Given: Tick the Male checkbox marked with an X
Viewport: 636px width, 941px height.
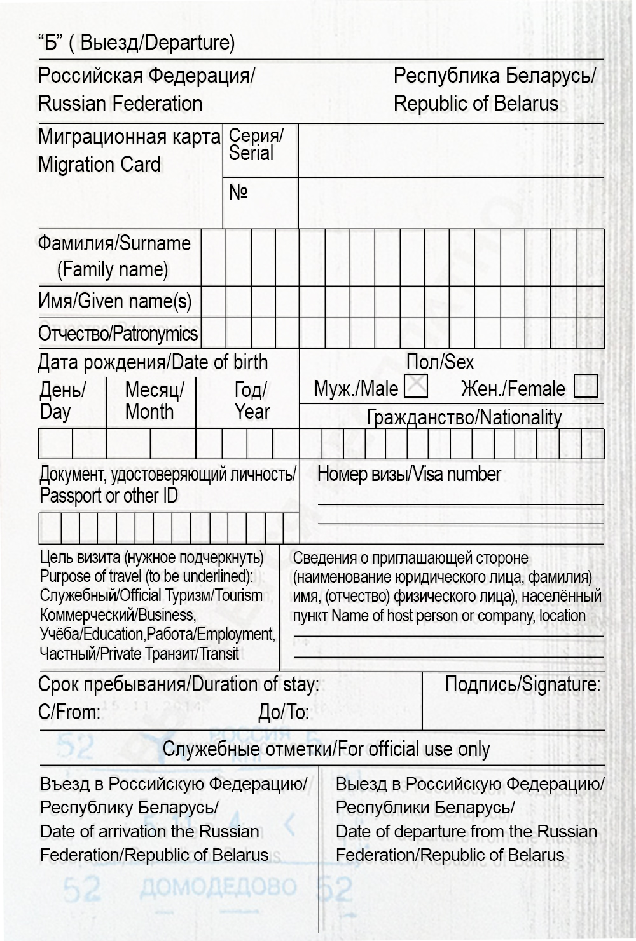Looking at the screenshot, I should pyautogui.click(x=416, y=386).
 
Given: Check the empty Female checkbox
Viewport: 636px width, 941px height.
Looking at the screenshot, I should pyautogui.click(x=585, y=386).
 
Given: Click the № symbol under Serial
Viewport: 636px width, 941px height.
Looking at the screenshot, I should pyautogui.click(x=238, y=192).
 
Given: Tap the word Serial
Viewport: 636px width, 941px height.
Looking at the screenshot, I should pyautogui.click(x=251, y=153).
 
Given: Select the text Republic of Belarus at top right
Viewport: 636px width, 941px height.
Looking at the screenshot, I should pyautogui.click(x=476, y=103).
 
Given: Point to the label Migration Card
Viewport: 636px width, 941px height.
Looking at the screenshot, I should pyautogui.click(x=99, y=165).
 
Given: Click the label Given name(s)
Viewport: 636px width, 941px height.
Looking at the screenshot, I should pyautogui.click(x=134, y=301).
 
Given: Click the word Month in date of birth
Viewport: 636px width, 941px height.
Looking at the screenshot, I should pyautogui.click(x=149, y=412).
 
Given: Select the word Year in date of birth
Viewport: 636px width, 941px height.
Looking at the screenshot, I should pyautogui.click(x=252, y=412).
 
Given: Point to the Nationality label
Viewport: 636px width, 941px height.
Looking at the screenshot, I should pyautogui.click(x=521, y=417).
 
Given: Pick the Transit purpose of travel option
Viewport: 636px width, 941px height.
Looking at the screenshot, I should pyautogui.click(x=219, y=653).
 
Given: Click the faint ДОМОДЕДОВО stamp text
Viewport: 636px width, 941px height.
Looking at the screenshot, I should pyautogui.click(x=218, y=887).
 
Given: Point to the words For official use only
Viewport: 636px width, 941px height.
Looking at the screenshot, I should pyautogui.click(x=413, y=749).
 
